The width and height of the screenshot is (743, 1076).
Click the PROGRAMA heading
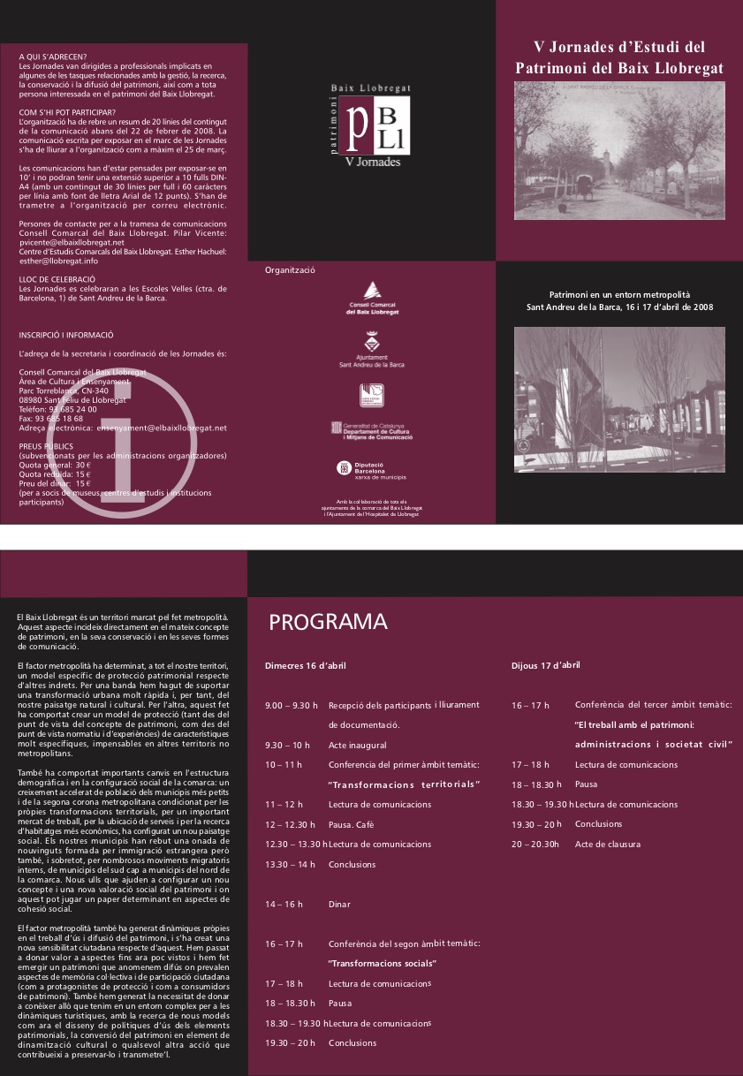(328, 622)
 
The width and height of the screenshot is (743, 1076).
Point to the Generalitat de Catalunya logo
(372, 429)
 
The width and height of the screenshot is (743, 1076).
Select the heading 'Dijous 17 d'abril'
(546, 664)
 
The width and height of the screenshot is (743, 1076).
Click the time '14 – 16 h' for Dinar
(284, 904)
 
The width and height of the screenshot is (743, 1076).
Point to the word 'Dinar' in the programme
(339, 904)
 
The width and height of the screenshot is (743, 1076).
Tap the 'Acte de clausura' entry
(607, 844)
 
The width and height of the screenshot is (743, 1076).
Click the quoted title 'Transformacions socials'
(383, 962)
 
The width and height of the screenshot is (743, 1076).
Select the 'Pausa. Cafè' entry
(352, 823)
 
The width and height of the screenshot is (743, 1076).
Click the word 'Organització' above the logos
(290, 270)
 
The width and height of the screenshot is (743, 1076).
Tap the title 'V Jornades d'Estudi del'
(619, 47)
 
